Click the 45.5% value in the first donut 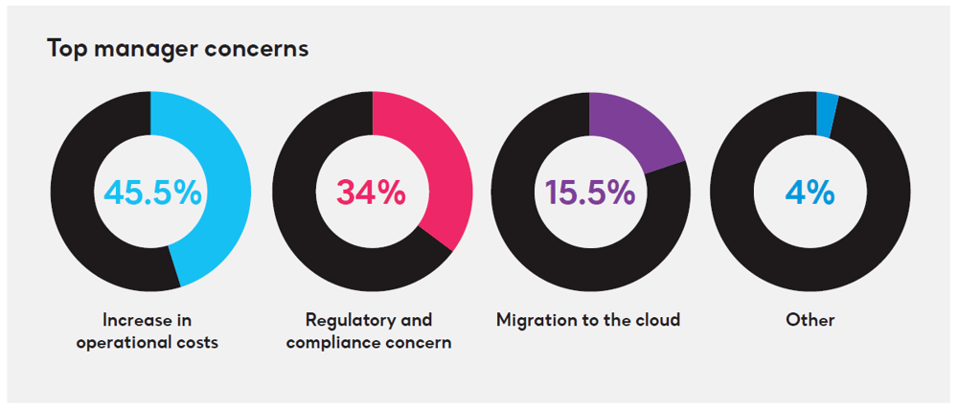click(x=152, y=192)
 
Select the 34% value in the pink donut click(x=371, y=192)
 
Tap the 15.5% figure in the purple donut click(x=589, y=192)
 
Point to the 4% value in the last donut click(x=810, y=192)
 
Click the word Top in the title click(x=66, y=48)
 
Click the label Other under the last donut click(x=810, y=320)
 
